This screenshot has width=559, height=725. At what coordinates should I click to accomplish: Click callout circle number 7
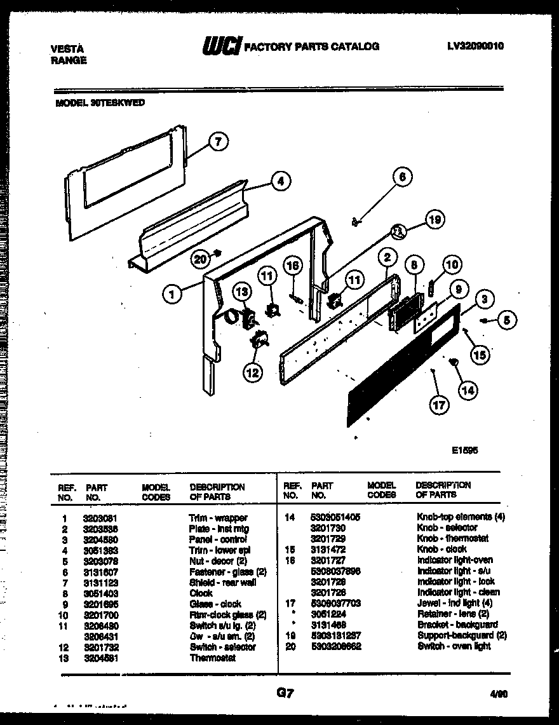219,142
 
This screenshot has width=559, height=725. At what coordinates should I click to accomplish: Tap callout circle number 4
278,180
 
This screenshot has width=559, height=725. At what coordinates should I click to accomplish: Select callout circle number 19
434,220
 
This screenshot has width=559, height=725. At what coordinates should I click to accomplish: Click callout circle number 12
252,372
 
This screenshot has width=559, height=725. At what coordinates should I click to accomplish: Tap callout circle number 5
506,321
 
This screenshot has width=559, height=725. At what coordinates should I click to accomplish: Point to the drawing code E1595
464,449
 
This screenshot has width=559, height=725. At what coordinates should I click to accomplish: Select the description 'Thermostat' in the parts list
212,658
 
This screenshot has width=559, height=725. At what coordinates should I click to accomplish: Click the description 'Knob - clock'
441,549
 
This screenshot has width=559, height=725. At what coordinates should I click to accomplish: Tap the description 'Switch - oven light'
454,646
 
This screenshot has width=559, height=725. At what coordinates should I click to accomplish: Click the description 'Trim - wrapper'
218,518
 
